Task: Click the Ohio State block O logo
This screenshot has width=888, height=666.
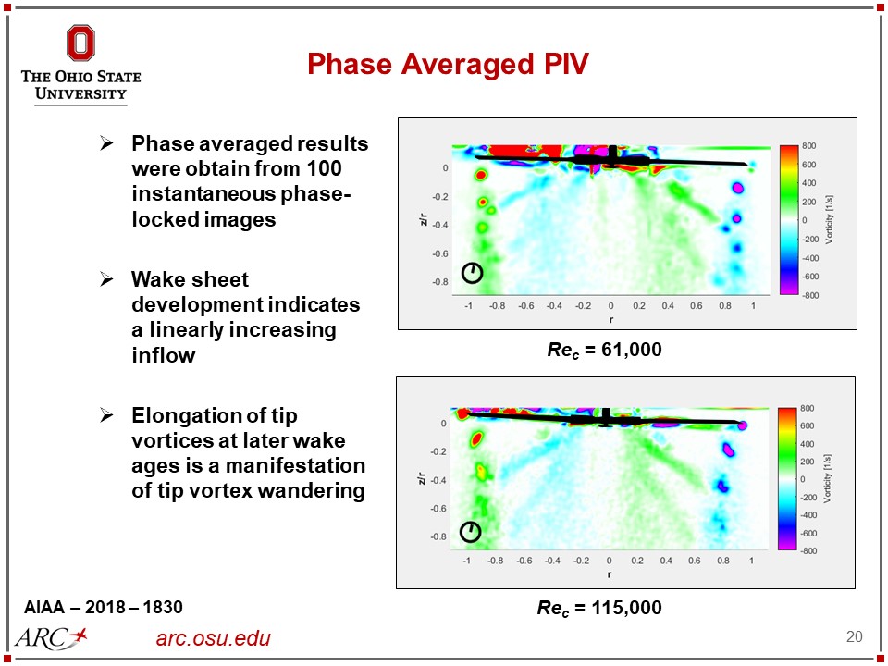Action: tap(80, 43)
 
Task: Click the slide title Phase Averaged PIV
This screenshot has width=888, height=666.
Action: tap(448, 64)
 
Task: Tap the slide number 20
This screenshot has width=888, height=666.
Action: tap(854, 636)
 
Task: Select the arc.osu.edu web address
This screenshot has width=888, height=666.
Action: tap(214, 638)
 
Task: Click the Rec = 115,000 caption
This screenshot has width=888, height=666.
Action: tap(600, 608)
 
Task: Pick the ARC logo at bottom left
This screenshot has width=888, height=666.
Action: tap(52, 636)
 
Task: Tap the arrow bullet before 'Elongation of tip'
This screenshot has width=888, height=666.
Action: tap(107, 414)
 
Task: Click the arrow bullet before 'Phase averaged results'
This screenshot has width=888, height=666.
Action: tap(107, 144)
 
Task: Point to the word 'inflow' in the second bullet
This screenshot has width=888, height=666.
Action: tap(163, 355)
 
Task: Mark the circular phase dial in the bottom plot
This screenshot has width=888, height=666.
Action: tap(471, 532)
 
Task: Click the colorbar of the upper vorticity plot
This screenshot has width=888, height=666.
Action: tap(788, 220)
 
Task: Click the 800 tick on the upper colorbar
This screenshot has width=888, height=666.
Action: tap(808, 147)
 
